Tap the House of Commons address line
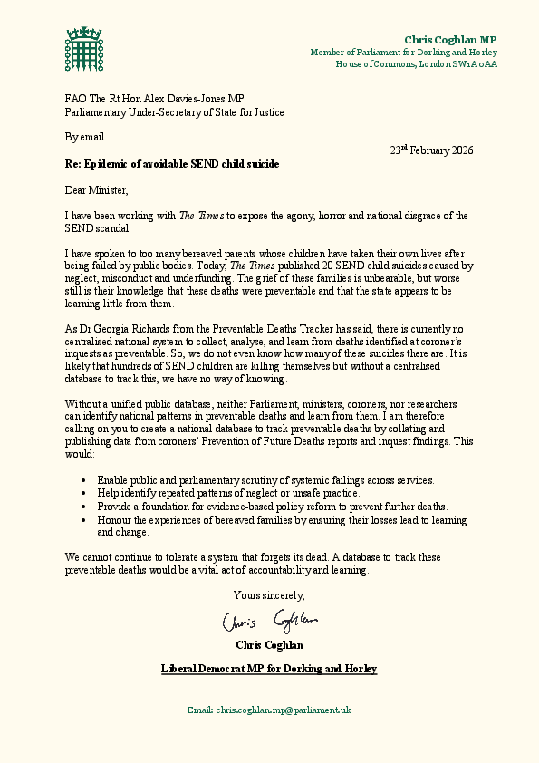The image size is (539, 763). click(x=416, y=64)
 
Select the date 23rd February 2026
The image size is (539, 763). click(x=431, y=150)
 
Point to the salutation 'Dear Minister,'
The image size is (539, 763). click(x=97, y=190)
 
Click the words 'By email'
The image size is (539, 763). click(x=84, y=138)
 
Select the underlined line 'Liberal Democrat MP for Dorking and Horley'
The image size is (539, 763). click(x=269, y=669)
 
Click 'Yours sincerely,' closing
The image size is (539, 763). click(x=269, y=595)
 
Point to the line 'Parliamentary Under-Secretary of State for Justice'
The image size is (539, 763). click(x=175, y=112)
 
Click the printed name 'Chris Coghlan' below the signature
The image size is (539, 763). click(x=269, y=645)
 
